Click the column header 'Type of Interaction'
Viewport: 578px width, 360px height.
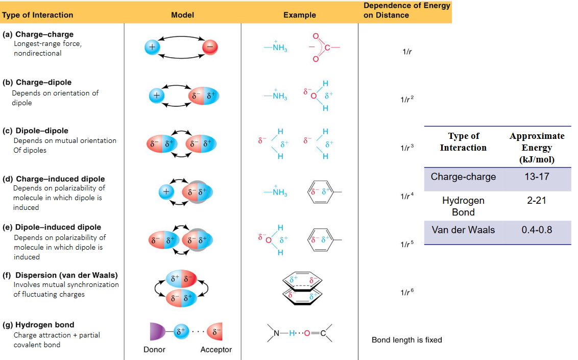(37, 15)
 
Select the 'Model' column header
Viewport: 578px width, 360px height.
(182, 15)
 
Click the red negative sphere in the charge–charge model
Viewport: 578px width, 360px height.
(210, 47)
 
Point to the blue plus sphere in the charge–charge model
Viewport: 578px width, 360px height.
(152, 47)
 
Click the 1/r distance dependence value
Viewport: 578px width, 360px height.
(407, 52)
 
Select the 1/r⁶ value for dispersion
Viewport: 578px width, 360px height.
(407, 292)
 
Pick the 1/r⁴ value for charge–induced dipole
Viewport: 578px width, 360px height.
(407, 196)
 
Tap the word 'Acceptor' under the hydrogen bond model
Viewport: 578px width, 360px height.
(216, 350)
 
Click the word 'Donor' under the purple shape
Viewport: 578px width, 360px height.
(154, 350)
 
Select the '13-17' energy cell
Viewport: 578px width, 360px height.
(537, 177)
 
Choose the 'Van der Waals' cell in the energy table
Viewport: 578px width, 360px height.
(463, 230)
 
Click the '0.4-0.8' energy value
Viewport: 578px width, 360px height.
(537, 230)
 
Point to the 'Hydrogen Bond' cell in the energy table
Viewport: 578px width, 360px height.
(463, 206)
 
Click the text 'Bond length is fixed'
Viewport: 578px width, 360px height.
(406, 340)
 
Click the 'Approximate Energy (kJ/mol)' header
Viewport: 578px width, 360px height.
(537, 148)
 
